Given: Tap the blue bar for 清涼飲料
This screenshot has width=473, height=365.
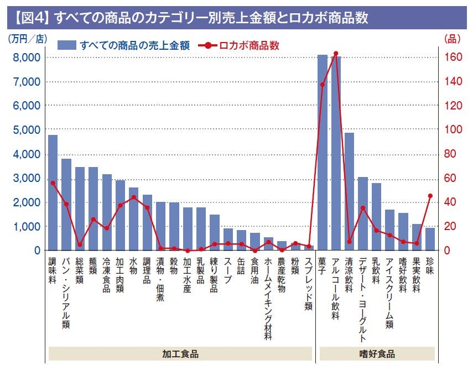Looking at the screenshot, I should pos(350,191).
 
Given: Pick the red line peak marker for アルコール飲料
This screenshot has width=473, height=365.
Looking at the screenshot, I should pos(336,54).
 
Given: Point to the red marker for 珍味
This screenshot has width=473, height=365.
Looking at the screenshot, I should pos(430,196).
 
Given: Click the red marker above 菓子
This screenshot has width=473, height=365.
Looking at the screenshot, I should pos(323,85).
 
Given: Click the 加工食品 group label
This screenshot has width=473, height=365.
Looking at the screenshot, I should pos(180,353).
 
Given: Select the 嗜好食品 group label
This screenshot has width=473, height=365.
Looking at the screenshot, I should pos(377,353).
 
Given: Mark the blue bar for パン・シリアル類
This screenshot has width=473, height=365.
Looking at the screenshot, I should pos(66,205).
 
